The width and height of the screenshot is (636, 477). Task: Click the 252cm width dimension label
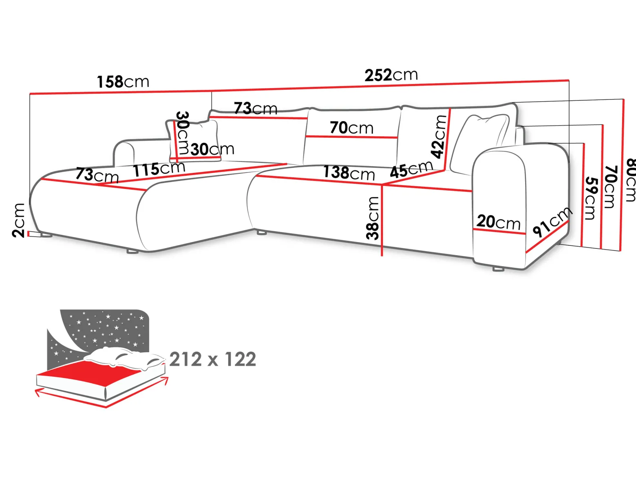click(391, 75)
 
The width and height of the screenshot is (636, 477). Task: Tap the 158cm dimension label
click(123, 82)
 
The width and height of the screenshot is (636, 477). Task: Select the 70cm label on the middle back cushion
click(351, 128)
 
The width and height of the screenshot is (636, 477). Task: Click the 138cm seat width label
click(349, 172)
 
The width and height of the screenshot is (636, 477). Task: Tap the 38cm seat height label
click(372, 218)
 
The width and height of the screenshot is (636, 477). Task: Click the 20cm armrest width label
click(498, 222)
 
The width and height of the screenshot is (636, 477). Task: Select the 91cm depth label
click(552, 221)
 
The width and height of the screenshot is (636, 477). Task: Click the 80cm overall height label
click(630, 180)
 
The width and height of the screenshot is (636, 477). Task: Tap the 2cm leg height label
click(18, 221)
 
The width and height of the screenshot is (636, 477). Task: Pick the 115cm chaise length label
click(159, 169)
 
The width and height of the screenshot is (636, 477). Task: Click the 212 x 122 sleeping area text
click(213, 360)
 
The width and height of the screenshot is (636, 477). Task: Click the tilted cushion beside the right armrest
click(479, 144)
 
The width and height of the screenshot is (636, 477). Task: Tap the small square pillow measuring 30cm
click(193, 141)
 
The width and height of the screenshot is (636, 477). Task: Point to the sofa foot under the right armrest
click(498, 269)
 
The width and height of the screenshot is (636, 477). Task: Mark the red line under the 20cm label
click(499, 232)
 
